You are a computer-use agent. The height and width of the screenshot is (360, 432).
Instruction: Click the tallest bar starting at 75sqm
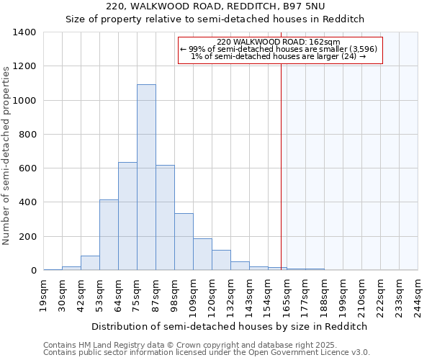point(146,177)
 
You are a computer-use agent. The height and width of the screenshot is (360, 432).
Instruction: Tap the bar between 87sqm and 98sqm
point(165,215)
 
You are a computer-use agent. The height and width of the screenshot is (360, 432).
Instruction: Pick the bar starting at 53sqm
point(109,235)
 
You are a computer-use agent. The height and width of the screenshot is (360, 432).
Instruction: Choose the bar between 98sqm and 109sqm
point(184,242)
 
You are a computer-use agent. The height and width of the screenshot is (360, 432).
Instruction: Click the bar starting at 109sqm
point(202,254)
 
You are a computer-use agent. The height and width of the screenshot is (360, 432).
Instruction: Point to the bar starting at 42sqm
point(90,263)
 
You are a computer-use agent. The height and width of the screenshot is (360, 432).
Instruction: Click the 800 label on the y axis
point(27,135)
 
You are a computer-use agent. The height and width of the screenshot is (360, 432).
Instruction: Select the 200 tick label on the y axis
point(27,237)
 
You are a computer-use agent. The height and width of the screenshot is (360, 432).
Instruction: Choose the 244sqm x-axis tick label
point(418,294)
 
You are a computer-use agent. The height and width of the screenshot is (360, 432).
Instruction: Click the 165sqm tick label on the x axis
point(287,294)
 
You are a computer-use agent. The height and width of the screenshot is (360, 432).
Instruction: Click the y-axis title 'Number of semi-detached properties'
point(7,155)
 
